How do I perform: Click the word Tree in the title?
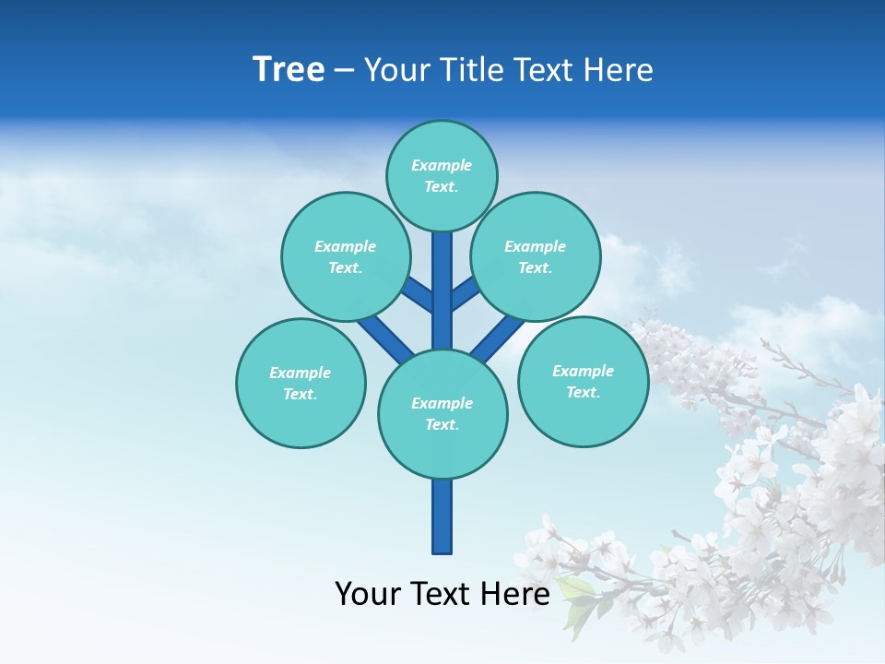(x=289, y=70)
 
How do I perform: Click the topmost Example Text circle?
(x=442, y=175)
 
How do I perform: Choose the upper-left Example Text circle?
(x=345, y=256)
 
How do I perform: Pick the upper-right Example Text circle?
(x=535, y=256)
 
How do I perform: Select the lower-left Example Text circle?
(x=301, y=383)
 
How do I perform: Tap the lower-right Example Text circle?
(x=583, y=381)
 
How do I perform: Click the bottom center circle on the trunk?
(x=442, y=414)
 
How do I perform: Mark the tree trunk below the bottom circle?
(x=442, y=516)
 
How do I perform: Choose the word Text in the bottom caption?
(x=440, y=594)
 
